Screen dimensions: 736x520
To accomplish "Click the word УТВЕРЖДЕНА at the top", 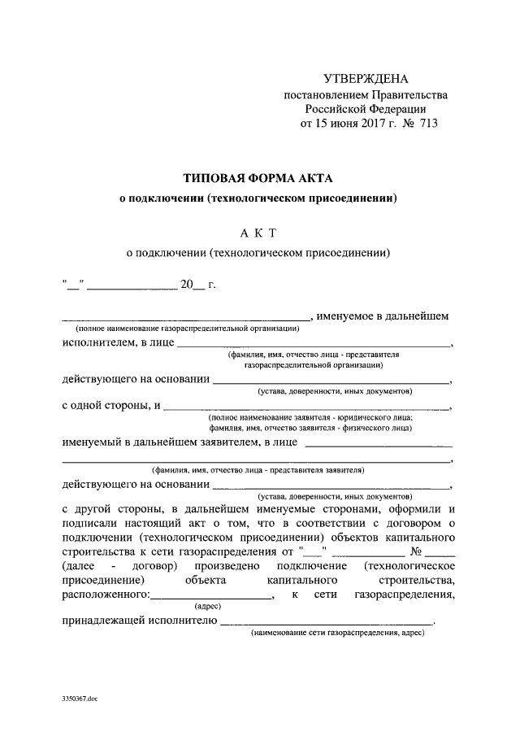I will (365, 79).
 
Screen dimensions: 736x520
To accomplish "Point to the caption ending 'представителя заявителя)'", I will (258, 469).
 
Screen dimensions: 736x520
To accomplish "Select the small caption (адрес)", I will (207, 607).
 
